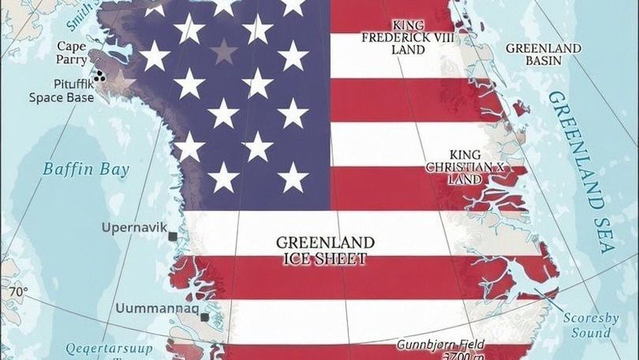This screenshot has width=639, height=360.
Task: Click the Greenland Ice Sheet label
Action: [x=324, y=249]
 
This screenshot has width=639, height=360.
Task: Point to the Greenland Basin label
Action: [x=544, y=54]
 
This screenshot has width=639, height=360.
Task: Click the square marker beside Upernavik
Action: [x=171, y=234]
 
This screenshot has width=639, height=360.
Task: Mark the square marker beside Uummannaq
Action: [x=204, y=317]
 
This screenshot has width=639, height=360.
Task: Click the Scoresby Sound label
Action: [x=590, y=325]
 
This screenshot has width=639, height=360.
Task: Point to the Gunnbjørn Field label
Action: [x=441, y=346]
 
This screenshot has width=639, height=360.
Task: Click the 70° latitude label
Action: [x=17, y=292]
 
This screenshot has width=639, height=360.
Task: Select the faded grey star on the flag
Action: [x=224, y=51]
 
